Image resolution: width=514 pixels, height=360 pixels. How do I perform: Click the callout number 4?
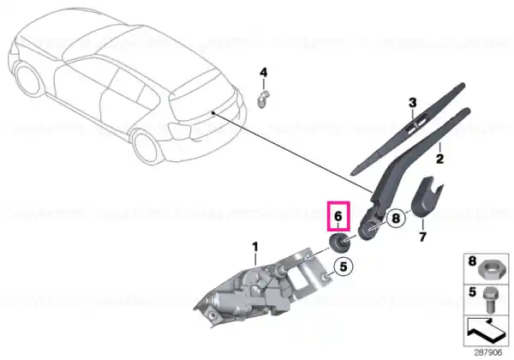coord(264,73)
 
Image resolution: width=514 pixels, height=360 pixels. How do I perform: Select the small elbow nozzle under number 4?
coord(262,99)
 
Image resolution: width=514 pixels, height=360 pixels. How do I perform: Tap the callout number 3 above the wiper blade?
coord(412,103)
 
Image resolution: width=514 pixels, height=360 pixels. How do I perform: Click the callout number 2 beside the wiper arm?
coord(439,159)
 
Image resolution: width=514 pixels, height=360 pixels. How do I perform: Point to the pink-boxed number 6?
coord(338,216)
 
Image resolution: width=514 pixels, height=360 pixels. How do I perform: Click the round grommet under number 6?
coord(338,243)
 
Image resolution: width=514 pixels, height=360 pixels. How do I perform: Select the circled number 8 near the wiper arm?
coord(396,218)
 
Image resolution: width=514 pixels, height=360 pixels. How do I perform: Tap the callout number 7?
coord(422,237)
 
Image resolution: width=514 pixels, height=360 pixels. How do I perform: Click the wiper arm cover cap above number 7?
coord(426,197)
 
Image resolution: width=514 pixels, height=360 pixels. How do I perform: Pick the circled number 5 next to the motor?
coord(344,267)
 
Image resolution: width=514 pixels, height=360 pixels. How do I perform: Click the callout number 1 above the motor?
coord(255,247)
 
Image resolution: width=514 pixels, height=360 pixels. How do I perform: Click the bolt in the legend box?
coord(489,300)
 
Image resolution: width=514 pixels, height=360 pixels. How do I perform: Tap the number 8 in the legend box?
coord(472,261)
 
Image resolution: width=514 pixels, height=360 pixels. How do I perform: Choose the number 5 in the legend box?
coord(472,291)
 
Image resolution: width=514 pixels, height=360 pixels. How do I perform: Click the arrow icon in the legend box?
coord(486,330)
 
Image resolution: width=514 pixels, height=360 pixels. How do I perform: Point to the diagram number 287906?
coord(488,353)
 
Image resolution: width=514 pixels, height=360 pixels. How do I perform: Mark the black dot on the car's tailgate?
coord(213,113)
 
